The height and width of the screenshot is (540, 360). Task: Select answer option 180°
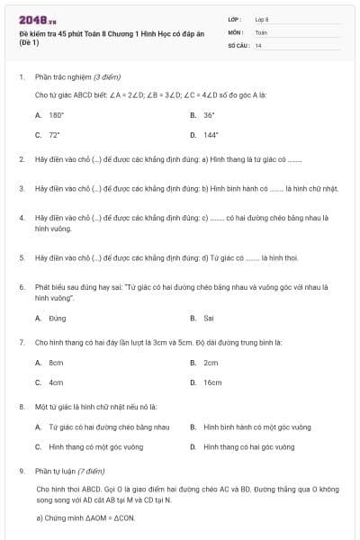(x=56, y=115)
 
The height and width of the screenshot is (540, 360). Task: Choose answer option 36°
(x=209, y=115)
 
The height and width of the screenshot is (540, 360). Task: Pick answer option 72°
(x=54, y=134)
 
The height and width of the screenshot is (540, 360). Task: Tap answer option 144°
(x=211, y=134)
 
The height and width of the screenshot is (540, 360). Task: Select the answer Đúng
(x=57, y=318)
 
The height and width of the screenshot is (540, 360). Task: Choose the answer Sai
(x=208, y=318)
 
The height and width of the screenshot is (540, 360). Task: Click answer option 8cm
(x=56, y=362)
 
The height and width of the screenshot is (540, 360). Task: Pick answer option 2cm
(x=211, y=362)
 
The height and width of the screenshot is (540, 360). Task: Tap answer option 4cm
(x=56, y=382)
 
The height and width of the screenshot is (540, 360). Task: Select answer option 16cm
(x=212, y=382)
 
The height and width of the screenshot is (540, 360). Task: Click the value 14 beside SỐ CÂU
(x=258, y=44)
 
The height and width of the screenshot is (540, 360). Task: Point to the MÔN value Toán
(x=261, y=31)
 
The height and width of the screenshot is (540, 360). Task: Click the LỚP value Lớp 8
(x=262, y=18)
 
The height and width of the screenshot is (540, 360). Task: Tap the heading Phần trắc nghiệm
(x=77, y=77)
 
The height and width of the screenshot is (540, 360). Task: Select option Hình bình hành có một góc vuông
(x=251, y=427)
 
